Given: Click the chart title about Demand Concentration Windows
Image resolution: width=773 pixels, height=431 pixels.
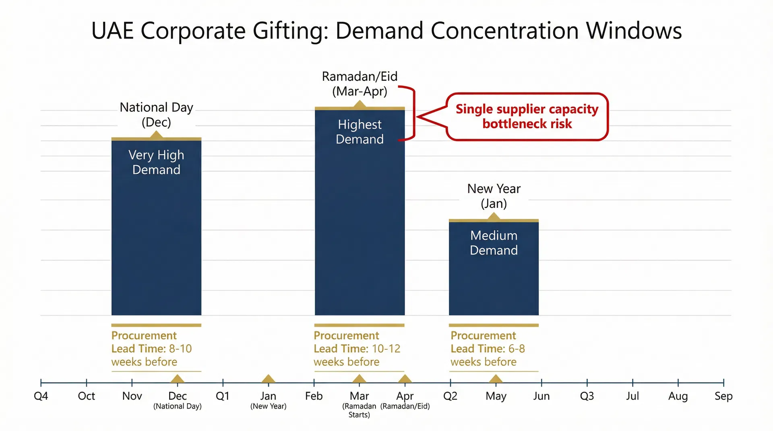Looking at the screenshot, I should coord(386,31).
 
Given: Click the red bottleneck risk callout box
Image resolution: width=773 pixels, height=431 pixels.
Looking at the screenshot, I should coord(527,117).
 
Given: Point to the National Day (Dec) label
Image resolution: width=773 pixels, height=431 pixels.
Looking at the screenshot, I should coord(156,115).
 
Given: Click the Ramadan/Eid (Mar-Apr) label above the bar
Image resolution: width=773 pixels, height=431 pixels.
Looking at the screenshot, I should coord(360,84).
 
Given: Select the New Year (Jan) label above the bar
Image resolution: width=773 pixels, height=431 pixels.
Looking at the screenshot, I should coord(494,196).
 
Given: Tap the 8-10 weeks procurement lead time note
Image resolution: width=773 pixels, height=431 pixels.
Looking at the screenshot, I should coord(152,349).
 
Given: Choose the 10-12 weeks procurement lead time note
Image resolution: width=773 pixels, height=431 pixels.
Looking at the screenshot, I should coord(357,349).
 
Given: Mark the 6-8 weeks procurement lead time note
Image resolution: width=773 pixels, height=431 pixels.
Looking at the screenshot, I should coord(488,349).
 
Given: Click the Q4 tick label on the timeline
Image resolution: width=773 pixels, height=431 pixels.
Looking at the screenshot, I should coord(41,396).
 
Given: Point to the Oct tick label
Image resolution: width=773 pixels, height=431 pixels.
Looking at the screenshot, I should coord(86,396).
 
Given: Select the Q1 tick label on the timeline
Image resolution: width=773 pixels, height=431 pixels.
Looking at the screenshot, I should coord(223,396).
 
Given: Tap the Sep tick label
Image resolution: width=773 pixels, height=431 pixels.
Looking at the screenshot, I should coord(723,396).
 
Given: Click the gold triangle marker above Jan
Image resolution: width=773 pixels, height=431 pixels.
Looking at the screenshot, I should coord(268,379).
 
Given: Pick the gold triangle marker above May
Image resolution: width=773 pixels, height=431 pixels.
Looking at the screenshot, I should coord(496,379).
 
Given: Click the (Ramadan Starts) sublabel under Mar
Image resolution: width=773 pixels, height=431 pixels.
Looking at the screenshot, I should coord(359,410).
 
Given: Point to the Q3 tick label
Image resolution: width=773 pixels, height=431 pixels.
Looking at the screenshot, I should coord(587,396).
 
